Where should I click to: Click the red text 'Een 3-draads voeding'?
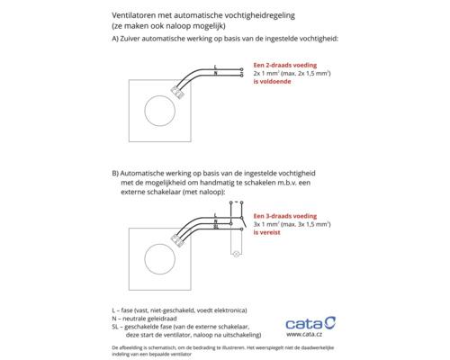283,216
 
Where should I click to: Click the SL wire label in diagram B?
218,229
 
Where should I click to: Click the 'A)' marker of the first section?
115,40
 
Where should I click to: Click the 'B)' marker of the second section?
115,171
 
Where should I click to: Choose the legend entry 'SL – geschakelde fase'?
179,326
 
